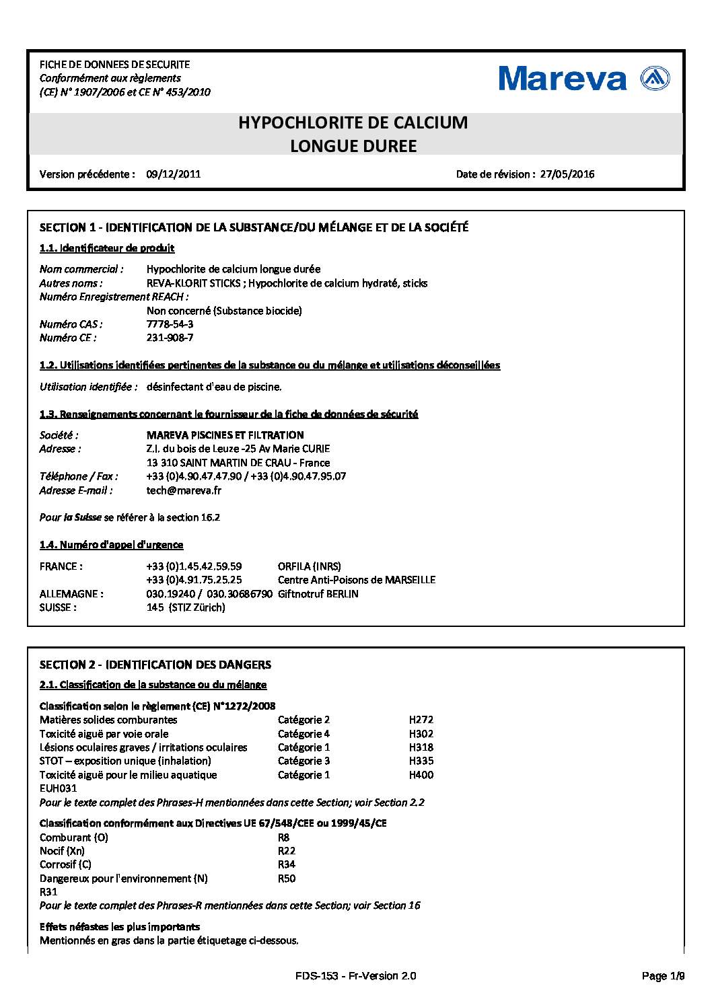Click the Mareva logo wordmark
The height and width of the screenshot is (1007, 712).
click(563, 79)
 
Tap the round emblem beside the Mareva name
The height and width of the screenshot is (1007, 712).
click(655, 79)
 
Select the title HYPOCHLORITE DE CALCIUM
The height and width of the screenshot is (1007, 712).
click(353, 123)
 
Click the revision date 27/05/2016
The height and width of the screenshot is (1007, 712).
click(567, 174)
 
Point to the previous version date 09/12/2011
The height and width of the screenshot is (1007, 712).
click(174, 174)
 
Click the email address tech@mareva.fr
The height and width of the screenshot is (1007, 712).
click(184, 490)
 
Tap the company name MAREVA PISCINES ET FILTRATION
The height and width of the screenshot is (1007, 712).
click(225, 435)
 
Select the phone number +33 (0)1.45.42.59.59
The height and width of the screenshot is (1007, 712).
click(194, 566)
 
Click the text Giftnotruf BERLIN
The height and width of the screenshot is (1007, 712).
click(318, 594)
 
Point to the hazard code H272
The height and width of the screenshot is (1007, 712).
click(421, 720)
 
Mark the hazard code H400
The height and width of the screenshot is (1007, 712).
click(421, 775)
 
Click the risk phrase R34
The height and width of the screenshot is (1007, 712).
click(287, 864)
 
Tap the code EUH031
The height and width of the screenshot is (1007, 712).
click(59, 788)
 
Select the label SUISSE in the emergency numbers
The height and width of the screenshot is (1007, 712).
click(58, 607)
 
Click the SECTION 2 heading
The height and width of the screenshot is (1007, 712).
click(155, 665)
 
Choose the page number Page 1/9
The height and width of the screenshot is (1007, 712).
click(663, 976)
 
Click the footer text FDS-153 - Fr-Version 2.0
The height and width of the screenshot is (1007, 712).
click(355, 976)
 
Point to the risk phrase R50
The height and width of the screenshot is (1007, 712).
click(287, 879)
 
